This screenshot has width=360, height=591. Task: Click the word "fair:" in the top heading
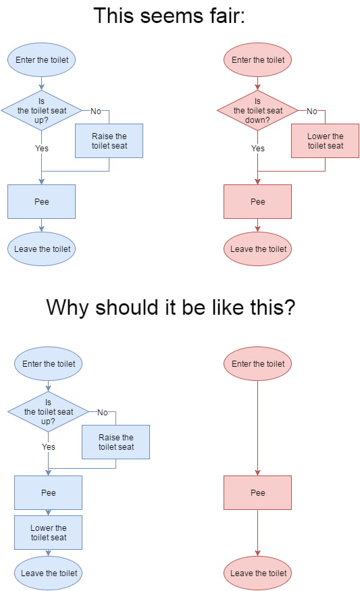click(x=225, y=16)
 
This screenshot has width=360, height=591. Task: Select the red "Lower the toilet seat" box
click(x=325, y=140)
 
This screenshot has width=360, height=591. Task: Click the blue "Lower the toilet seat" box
click(x=48, y=532)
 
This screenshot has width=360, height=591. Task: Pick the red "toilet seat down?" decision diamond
click(x=257, y=111)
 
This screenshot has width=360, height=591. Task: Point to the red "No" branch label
click(x=312, y=111)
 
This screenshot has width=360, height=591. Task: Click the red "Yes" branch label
click(x=258, y=148)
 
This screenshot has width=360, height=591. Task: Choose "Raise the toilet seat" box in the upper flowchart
click(x=109, y=140)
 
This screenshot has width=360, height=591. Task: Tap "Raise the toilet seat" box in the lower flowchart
click(x=115, y=442)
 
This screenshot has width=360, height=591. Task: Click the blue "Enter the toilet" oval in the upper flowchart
click(x=41, y=59)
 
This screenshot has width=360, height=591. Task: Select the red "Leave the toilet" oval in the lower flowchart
click(x=257, y=573)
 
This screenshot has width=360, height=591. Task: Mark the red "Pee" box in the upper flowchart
click(x=257, y=201)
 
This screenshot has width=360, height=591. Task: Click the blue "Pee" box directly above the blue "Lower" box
click(x=48, y=492)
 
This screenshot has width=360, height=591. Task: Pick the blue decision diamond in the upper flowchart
click(x=41, y=111)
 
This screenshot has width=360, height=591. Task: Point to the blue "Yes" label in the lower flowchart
click(x=49, y=446)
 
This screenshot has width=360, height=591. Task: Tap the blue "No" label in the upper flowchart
click(x=96, y=111)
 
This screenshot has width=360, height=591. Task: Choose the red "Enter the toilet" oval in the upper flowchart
click(x=257, y=59)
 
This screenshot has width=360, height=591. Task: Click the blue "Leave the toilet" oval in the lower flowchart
click(x=48, y=573)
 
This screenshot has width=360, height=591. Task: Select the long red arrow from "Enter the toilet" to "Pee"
click(x=257, y=428)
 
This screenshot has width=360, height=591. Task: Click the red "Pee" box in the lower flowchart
click(x=257, y=492)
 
